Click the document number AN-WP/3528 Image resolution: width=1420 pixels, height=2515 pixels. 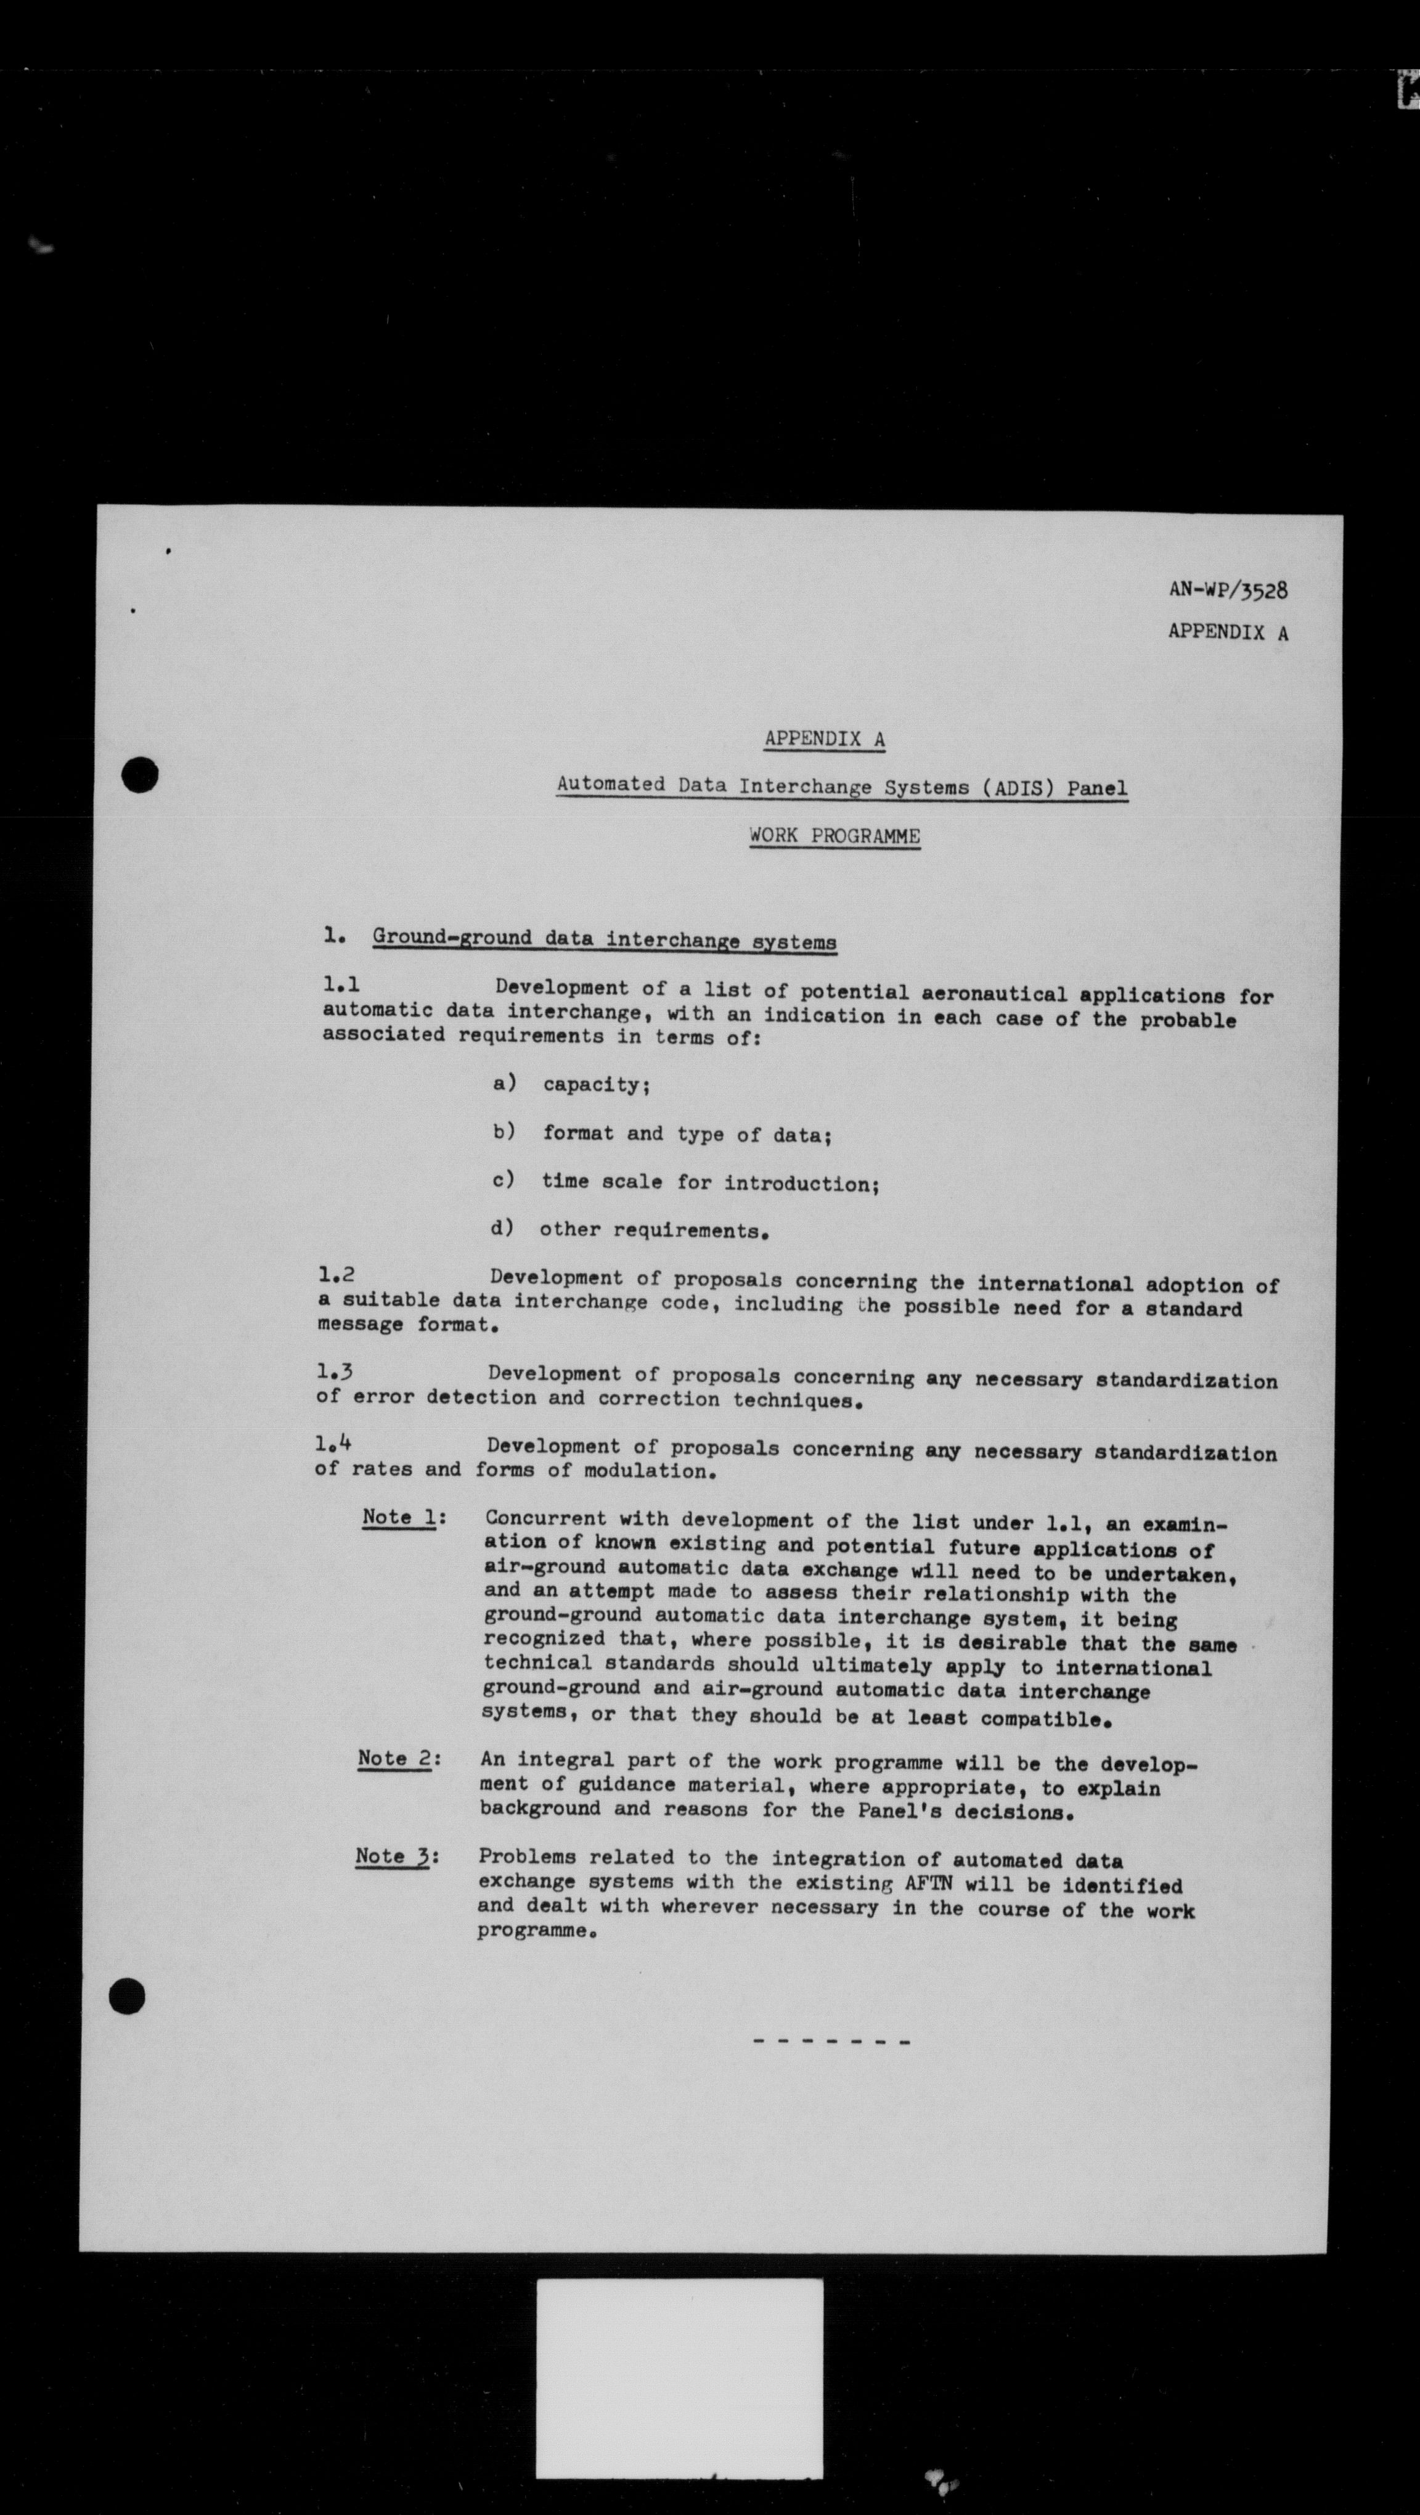click(1228, 590)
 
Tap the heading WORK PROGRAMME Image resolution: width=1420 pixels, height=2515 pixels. click(834, 836)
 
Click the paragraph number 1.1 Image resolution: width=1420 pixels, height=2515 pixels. click(341, 986)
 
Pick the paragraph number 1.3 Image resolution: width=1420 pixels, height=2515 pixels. click(335, 1371)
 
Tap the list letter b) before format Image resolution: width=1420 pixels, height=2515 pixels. click(504, 1132)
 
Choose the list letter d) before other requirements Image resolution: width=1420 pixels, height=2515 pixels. click(502, 1227)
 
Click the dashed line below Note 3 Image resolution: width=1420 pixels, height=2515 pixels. click(831, 2042)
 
